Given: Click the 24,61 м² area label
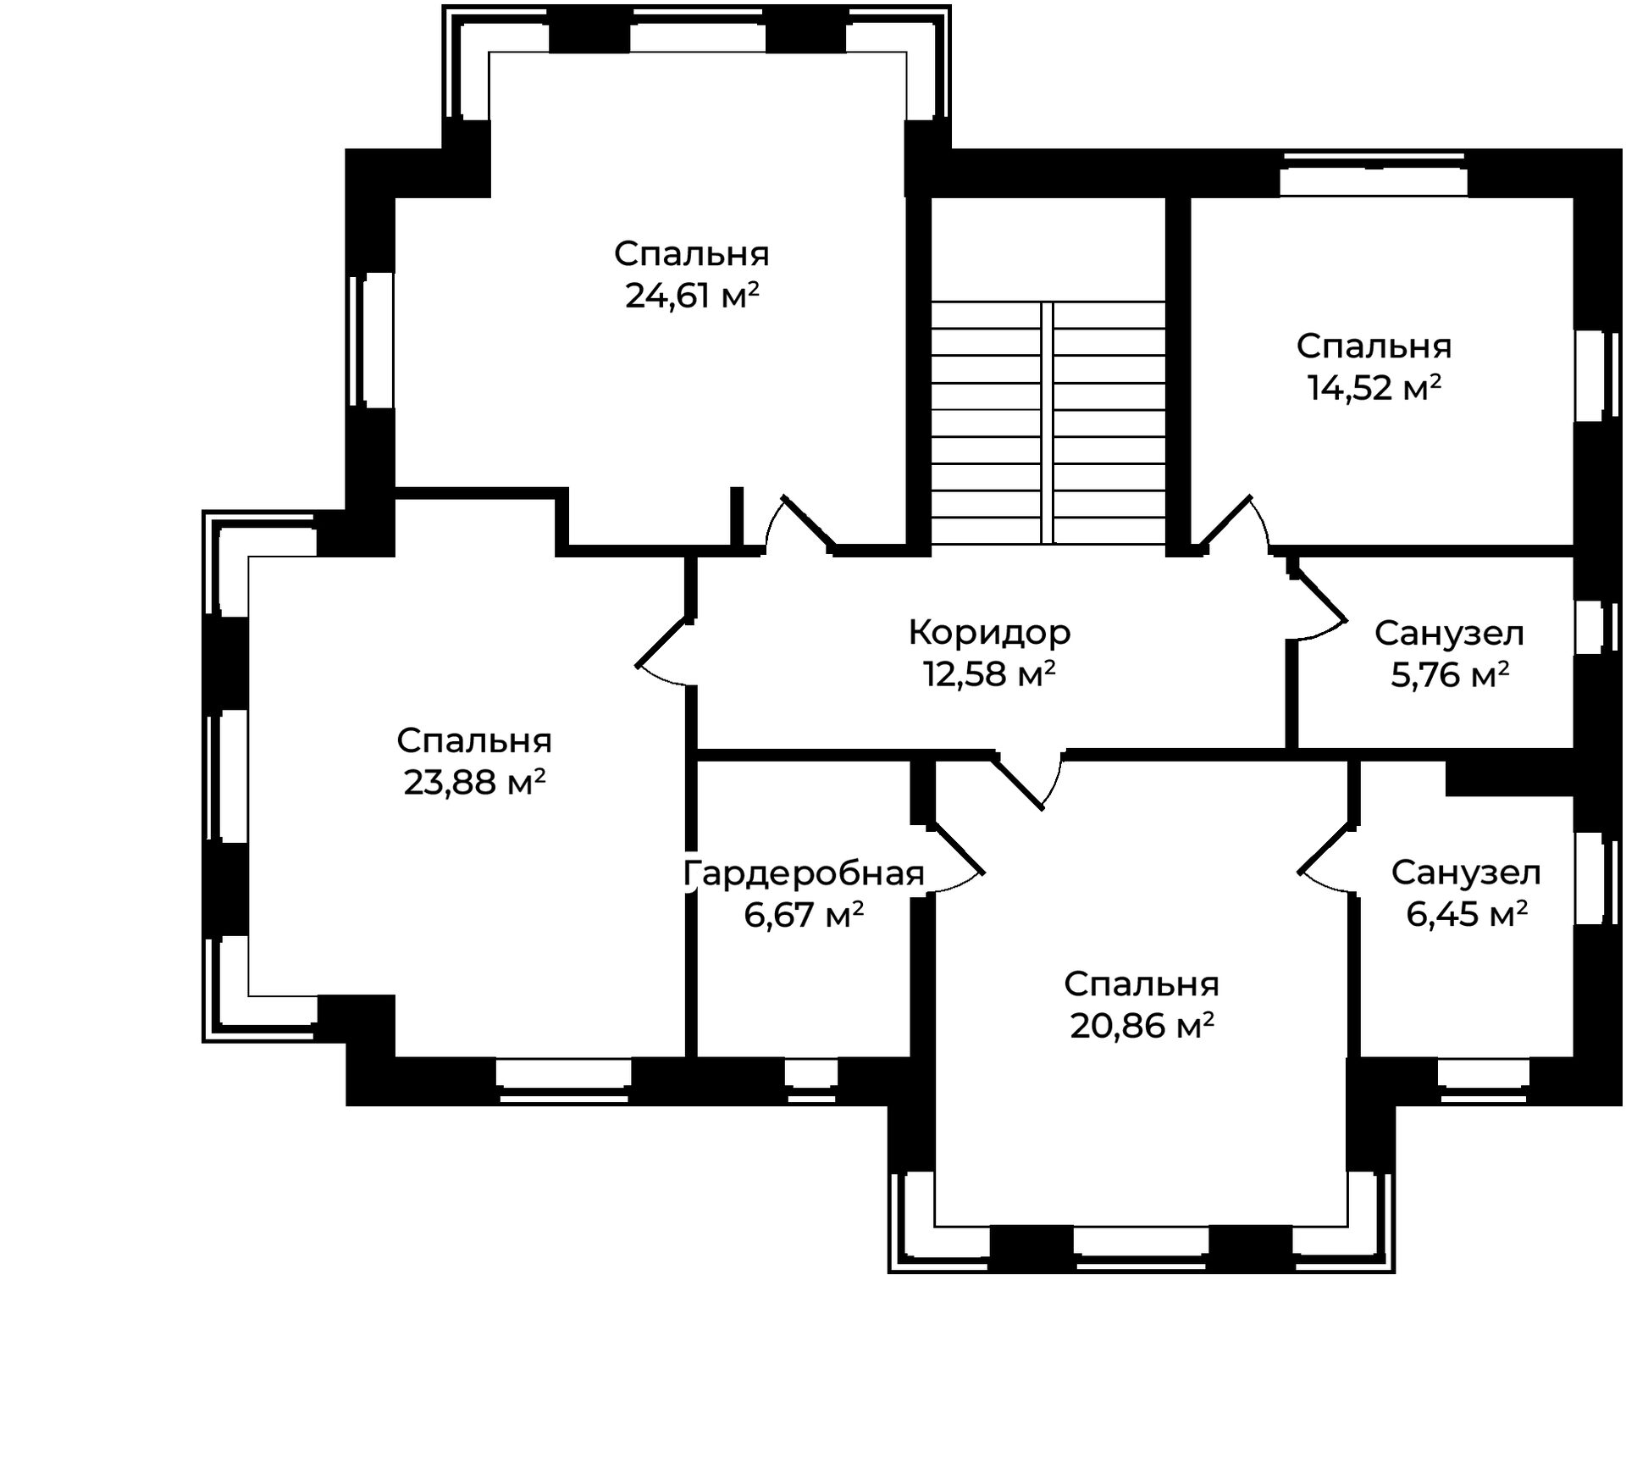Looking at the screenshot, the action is click(692, 296).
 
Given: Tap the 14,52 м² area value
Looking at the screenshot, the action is click(1374, 389).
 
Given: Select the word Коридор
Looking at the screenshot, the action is click(989, 632).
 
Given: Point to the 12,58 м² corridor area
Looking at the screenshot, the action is click(989, 674).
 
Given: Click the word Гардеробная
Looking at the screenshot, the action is click(803, 873).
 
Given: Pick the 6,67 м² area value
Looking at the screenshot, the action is click(804, 915).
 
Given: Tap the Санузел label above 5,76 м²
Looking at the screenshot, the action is click(1449, 633).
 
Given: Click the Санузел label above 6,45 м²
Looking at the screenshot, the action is click(1466, 873).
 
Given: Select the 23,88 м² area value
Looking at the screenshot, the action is click(474, 783).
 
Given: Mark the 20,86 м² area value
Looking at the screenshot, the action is click(1142, 1026).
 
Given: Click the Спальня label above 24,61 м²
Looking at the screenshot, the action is click(692, 254).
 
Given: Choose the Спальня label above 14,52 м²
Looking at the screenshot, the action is click(1374, 346).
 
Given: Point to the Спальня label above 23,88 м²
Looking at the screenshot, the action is click(474, 741).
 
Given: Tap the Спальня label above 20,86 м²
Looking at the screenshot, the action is click(1142, 984).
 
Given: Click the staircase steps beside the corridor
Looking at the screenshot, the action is click(1048, 422).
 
